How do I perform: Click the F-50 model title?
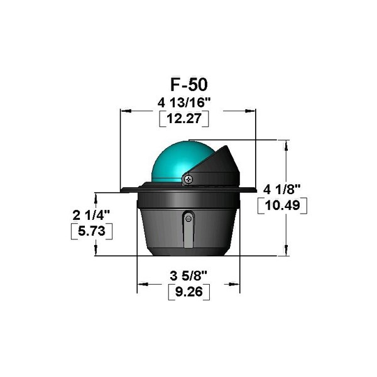[189, 85]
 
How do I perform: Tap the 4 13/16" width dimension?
[184, 103]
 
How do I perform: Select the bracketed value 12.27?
[184, 119]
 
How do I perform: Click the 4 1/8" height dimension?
[282, 190]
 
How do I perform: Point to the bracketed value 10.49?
[282, 205]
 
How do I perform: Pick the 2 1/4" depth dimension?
[91, 215]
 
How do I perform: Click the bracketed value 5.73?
[92, 231]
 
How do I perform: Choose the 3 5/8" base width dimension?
[188, 276]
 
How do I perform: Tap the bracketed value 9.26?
[188, 292]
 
